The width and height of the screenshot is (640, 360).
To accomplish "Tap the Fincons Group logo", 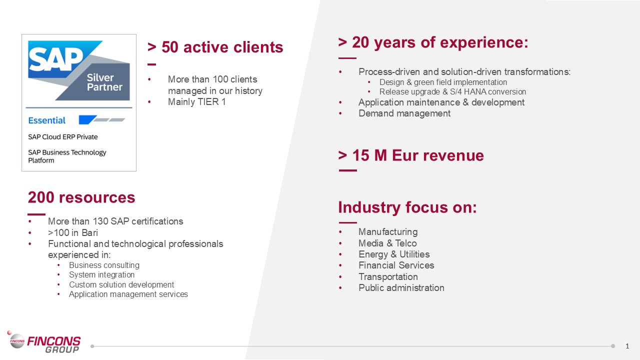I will (x=45, y=343).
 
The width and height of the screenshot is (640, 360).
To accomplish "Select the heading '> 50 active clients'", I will (x=215, y=47).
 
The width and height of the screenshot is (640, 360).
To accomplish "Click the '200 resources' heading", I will (x=81, y=197).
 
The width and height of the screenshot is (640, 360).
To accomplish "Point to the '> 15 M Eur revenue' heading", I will (x=411, y=155).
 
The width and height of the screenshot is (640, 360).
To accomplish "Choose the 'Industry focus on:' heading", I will (x=407, y=207).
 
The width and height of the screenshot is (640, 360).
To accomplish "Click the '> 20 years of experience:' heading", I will (x=433, y=42).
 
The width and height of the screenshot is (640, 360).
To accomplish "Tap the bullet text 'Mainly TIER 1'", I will (x=196, y=102).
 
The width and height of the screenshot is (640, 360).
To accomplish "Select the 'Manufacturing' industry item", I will (x=387, y=232).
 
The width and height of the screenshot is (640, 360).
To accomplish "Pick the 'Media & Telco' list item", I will (x=387, y=243).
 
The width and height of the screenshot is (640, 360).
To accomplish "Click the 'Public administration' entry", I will (x=401, y=287).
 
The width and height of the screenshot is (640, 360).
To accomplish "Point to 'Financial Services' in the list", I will (x=396, y=265).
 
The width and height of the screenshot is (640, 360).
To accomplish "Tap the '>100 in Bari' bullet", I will (x=72, y=232).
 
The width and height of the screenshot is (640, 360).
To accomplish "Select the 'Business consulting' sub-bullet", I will (x=104, y=265).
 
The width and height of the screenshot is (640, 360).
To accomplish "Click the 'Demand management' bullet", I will (x=404, y=113).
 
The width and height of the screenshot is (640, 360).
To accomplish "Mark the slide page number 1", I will (x=627, y=346).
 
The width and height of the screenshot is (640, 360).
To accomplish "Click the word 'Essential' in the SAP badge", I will (x=47, y=120).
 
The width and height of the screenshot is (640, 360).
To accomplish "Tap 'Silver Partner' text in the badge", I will (x=104, y=82).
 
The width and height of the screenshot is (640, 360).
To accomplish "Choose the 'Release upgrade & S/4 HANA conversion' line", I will (x=452, y=92).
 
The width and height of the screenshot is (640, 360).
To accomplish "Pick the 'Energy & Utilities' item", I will (x=394, y=254).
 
